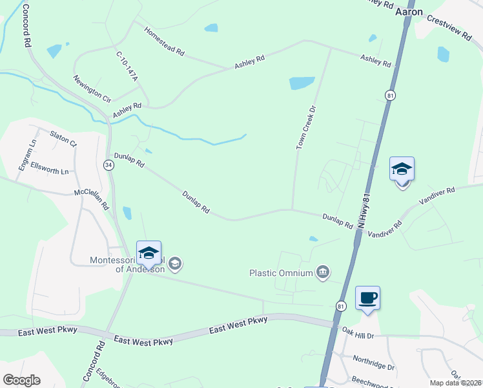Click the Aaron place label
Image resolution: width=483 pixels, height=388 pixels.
click(x=409, y=12)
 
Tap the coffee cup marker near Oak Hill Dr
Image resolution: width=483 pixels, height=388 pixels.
click(x=367, y=298)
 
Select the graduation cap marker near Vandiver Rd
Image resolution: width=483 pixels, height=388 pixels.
click(x=402, y=170)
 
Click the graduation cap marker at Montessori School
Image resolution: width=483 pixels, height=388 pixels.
click(x=149, y=253)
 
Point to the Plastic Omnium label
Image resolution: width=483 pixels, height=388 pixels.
click(x=282, y=273)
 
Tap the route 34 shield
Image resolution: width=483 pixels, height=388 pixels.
click(x=108, y=165)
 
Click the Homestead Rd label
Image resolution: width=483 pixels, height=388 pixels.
click(x=165, y=41)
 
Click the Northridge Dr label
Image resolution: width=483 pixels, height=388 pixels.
click(x=373, y=362)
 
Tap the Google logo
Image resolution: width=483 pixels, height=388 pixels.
click(x=21, y=380)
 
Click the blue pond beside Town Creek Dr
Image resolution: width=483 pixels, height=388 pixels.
click(x=302, y=83)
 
